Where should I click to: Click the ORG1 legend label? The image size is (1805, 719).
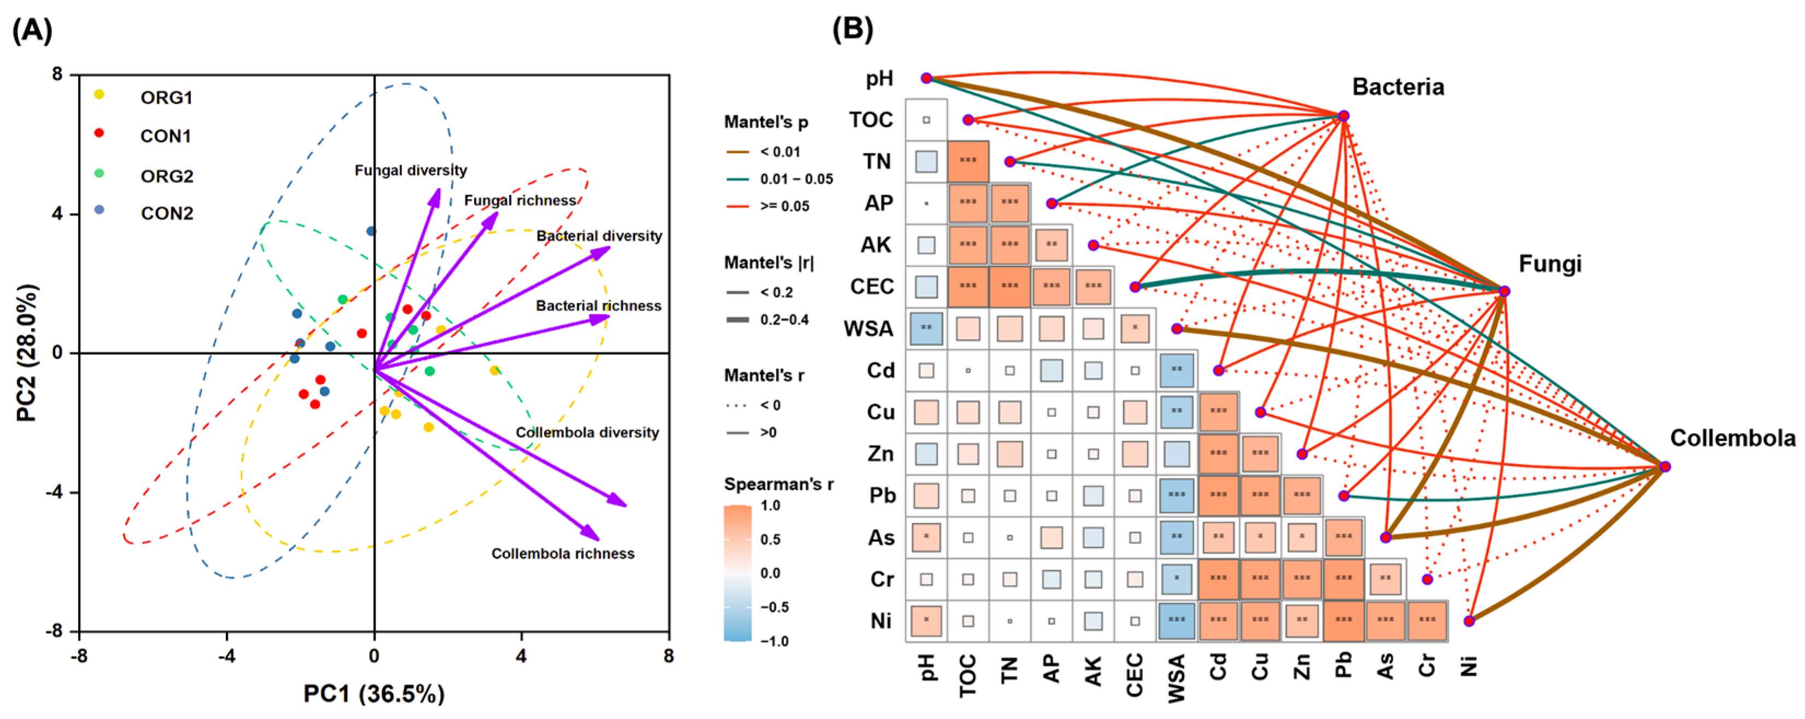click(166, 97)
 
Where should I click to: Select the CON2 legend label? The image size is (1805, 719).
click(167, 213)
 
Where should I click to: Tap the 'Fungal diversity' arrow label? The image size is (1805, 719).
click(411, 170)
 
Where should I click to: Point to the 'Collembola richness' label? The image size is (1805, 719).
click(563, 554)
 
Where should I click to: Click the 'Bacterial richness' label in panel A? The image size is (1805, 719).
click(598, 306)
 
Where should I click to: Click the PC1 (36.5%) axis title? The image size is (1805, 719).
click(373, 693)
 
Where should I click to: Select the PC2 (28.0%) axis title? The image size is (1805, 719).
click(27, 353)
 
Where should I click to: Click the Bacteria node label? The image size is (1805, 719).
click(1398, 87)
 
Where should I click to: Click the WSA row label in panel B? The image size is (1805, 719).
click(869, 329)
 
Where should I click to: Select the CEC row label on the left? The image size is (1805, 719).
click(872, 287)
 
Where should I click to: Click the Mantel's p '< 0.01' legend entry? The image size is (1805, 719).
click(780, 151)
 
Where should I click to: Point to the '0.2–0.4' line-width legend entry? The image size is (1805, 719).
click(784, 319)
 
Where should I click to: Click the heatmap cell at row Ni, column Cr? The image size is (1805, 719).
click(1427, 620)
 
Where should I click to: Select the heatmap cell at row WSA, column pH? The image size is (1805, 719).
click(926, 329)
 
